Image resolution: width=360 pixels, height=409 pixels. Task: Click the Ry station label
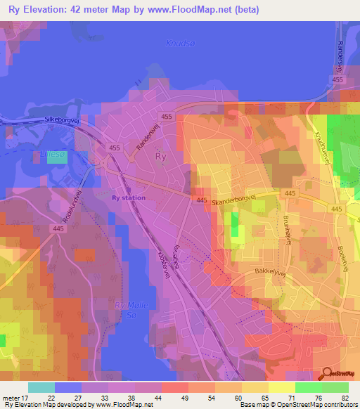coord(129,197)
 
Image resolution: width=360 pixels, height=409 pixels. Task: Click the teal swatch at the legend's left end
coord(41,387)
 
